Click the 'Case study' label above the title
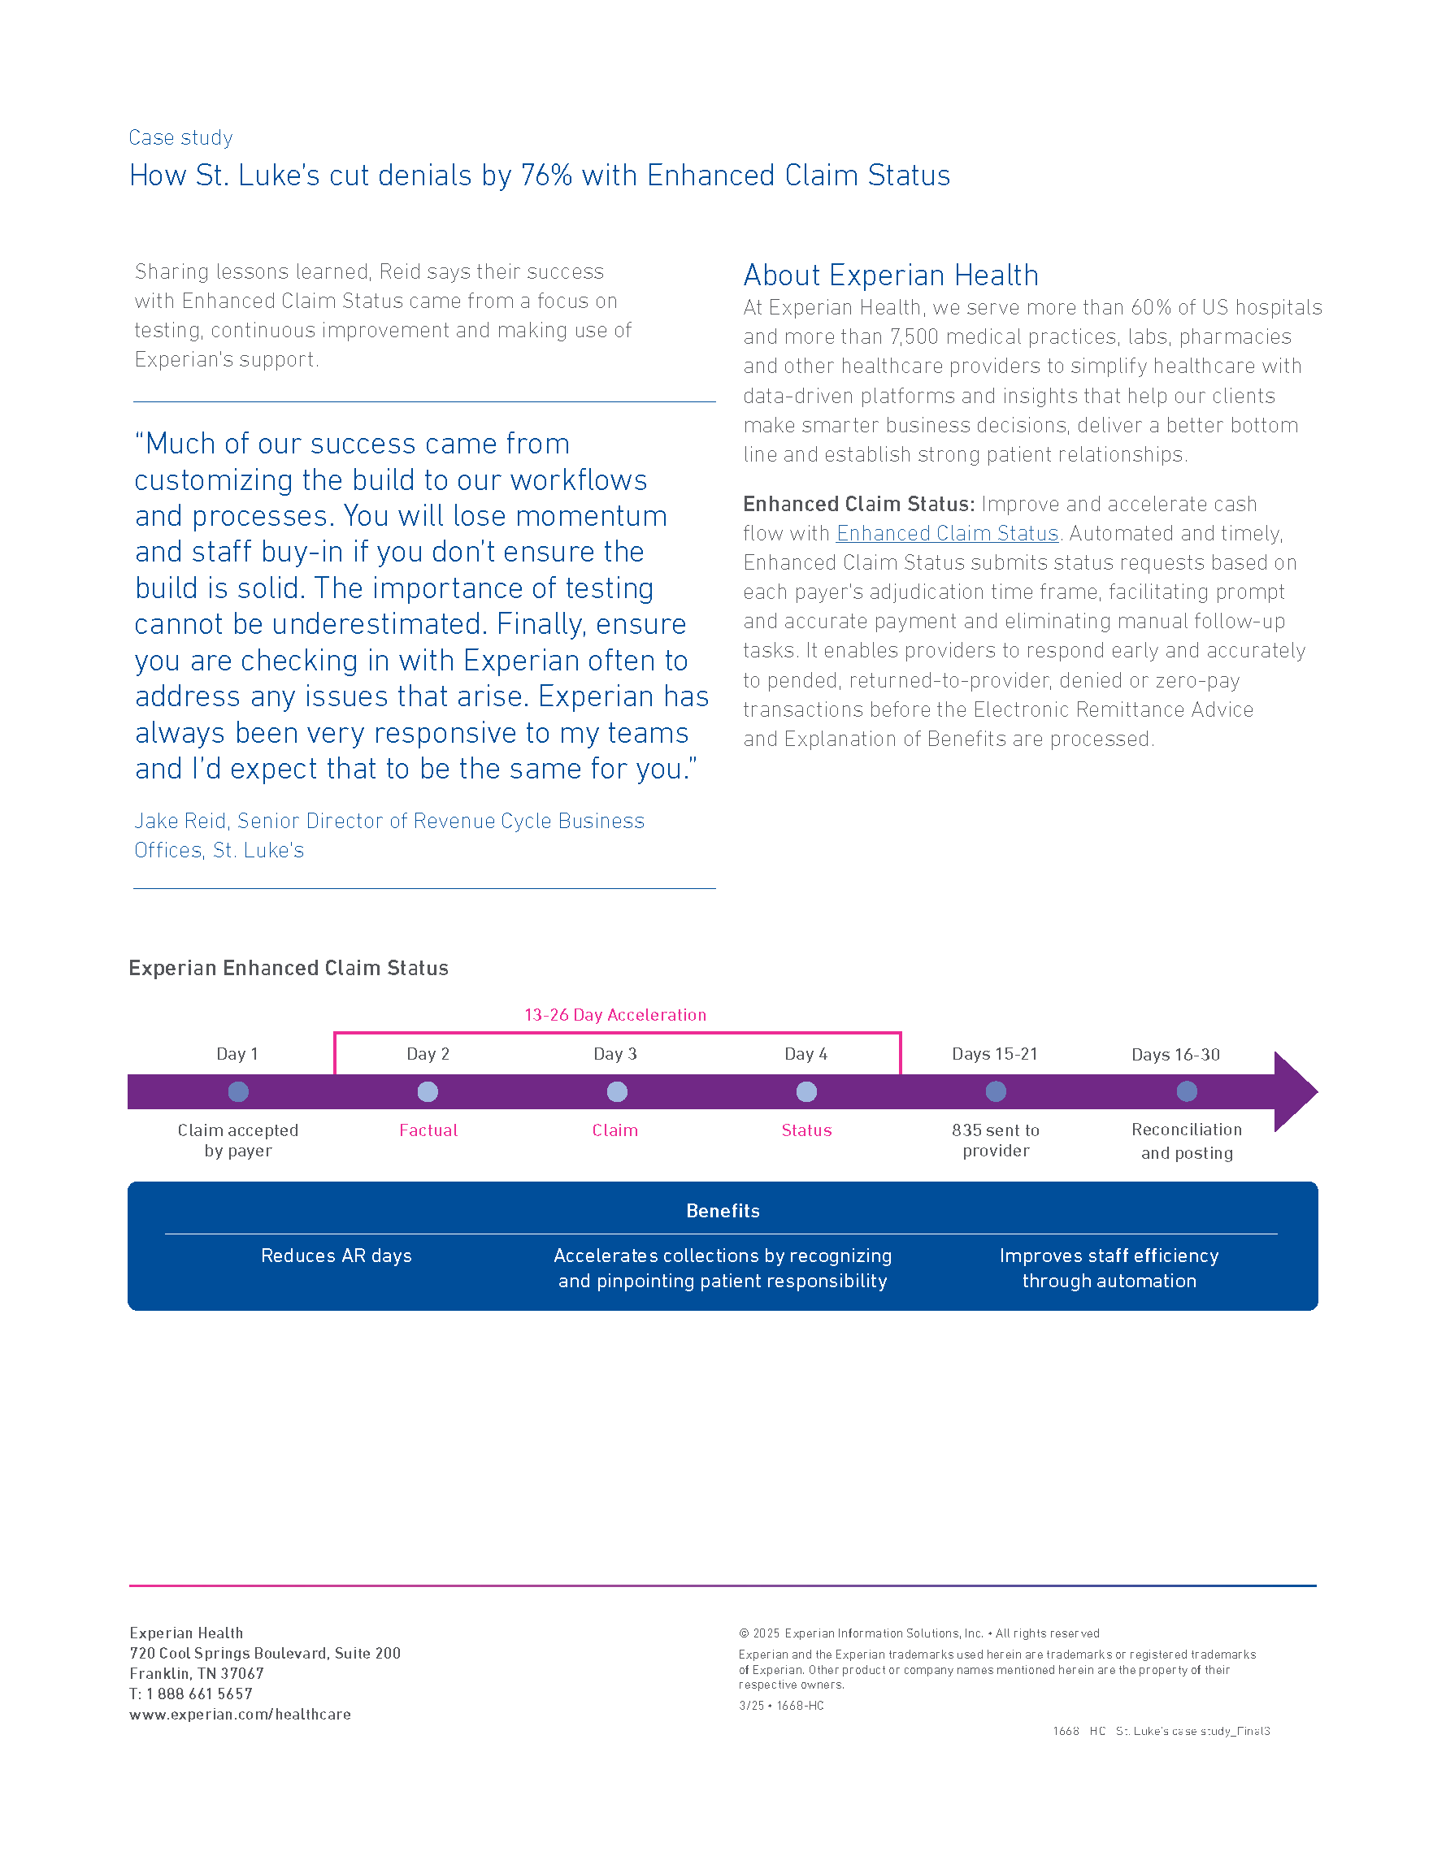180,137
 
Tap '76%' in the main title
547,176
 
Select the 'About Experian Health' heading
891,275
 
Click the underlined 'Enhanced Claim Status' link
947,533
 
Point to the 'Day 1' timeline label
237,1054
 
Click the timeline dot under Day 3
617,1091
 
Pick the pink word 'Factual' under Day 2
428,1130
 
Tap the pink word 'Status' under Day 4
806,1130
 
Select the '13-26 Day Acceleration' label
614,1015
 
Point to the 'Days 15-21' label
995,1054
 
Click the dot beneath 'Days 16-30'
1187,1091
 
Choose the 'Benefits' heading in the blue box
723,1211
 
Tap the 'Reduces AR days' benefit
336,1256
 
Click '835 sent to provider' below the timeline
996,1141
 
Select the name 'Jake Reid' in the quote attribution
180,821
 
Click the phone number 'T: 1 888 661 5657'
191,1694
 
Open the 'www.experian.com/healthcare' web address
240,1714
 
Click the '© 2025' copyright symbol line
918,1633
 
